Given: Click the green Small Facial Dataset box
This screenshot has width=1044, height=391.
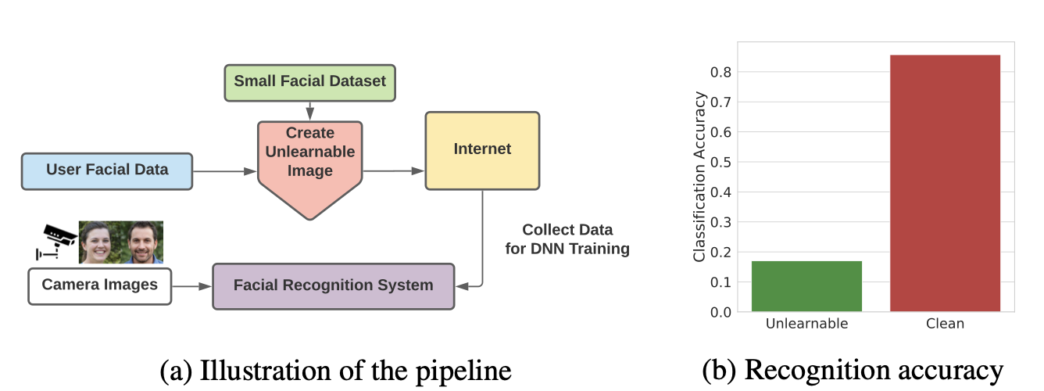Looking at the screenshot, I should click(x=310, y=82).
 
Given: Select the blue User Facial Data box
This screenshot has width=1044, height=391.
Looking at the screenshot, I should click(x=107, y=170).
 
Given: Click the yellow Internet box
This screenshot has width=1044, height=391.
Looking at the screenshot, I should click(x=482, y=150).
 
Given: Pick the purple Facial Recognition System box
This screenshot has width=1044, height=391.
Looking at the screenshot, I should click(x=334, y=286).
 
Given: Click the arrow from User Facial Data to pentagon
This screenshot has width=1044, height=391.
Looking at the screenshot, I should click(x=225, y=170).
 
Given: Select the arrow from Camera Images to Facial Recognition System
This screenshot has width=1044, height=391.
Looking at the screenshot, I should click(x=192, y=286).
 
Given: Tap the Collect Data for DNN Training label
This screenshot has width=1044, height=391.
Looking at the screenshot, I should click(x=567, y=239).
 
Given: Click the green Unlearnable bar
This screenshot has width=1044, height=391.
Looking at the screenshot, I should click(x=806, y=286).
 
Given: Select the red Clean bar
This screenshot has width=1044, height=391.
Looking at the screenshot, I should click(x=945, y=184).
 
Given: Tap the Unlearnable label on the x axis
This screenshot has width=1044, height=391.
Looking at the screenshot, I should click(x=806, y=324).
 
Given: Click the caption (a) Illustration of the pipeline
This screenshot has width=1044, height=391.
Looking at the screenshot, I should click(x=335, y=370).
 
